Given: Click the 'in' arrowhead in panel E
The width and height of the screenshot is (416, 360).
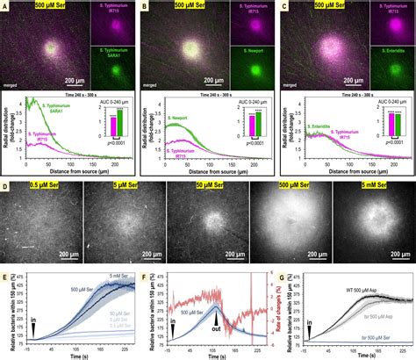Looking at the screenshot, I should pos(32,328).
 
